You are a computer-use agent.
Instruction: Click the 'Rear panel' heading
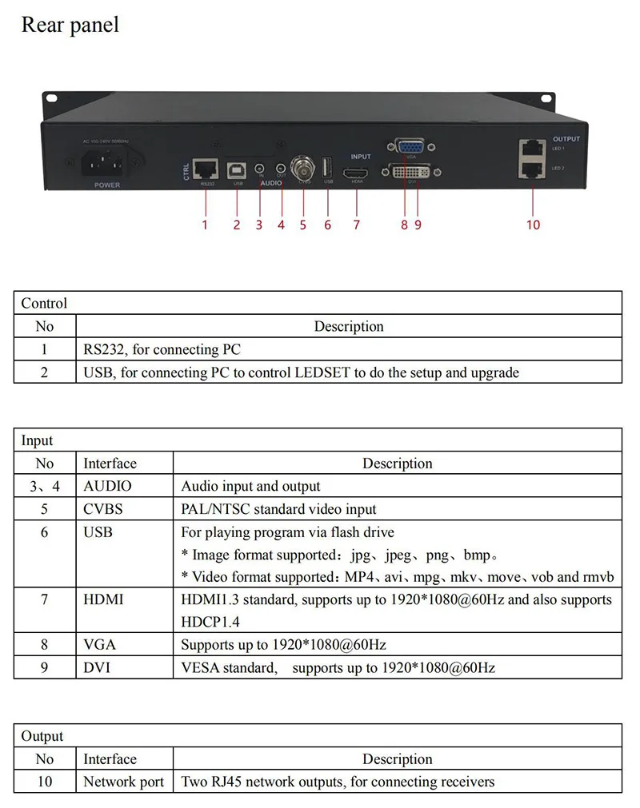[x=70, y=25]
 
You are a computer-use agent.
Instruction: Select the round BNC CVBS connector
[x=304, y=168]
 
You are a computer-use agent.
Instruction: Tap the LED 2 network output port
[x=531, y=169]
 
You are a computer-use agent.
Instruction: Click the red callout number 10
[x=533, y=225]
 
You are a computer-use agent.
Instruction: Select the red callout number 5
[x=303, y=225]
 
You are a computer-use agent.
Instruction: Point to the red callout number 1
[x=205, y=225]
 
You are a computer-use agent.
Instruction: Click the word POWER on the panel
[x=107, y=185]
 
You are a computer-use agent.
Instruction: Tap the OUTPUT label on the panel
[x=566, y=139]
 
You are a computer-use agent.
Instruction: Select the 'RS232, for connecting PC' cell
[x=162, y=349]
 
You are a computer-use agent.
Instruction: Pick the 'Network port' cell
[x=123, y=782]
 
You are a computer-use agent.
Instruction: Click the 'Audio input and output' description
[x=250, y=486]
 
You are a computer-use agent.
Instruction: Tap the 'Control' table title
[x=44, y=303]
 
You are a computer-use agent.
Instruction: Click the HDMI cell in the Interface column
[x=103, y=599]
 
